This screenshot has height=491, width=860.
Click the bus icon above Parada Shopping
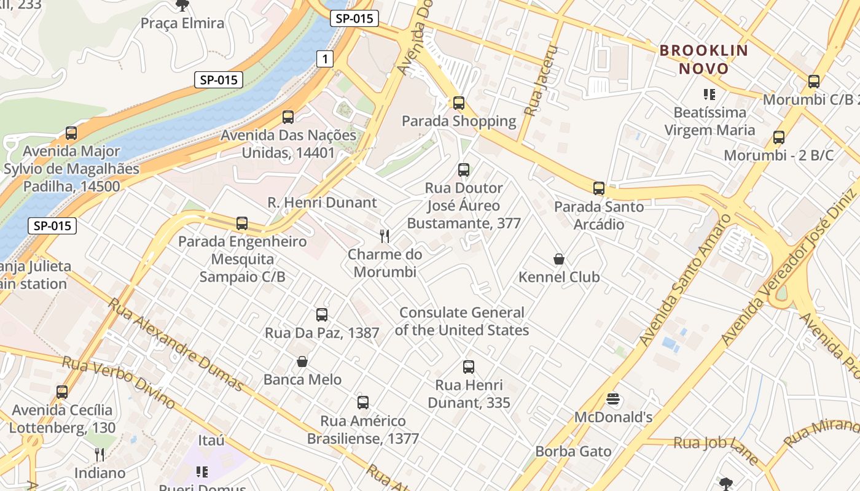(459, 103)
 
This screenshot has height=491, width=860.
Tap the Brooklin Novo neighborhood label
(704, 60)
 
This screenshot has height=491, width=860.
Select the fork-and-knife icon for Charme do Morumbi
(385, 236)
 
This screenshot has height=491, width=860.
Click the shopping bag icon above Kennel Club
(559, 259)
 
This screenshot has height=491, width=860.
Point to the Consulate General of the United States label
(462, 322)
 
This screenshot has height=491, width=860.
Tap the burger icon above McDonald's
(612, 400)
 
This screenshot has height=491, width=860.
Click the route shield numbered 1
(325, 59)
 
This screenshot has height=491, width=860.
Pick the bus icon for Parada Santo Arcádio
(599, 188)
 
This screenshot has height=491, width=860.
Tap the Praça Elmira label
(182, 23)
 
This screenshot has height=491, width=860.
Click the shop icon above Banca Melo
(302, 361)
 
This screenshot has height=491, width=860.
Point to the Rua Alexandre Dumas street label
(176, 344)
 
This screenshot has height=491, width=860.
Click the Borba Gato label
(573, 452)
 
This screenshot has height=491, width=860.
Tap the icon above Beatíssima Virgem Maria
(709, 95)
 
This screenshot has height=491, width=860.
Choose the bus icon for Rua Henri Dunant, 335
(469, 367)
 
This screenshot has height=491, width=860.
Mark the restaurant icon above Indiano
(100, 455)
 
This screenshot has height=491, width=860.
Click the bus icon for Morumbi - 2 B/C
(779, 137)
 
